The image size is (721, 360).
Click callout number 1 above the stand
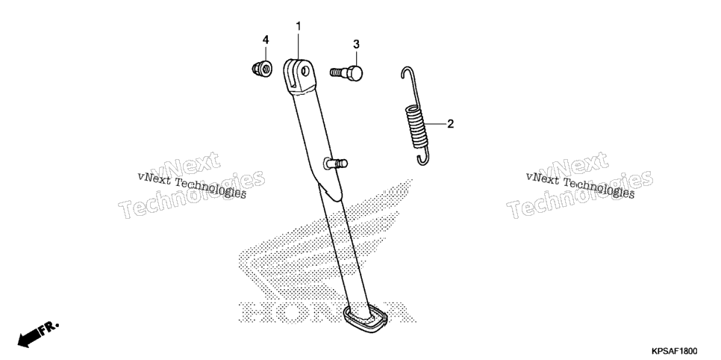298,26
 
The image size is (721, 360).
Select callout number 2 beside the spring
451,123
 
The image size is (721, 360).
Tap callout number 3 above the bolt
356,44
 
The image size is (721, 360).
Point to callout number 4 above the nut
265,40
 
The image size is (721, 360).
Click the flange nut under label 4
262,68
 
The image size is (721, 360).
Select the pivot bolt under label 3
346,72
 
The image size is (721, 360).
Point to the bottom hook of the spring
424,158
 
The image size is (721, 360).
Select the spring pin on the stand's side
336,163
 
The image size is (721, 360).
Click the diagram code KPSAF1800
674,351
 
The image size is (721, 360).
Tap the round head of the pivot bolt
355,72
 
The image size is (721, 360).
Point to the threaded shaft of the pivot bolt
338,72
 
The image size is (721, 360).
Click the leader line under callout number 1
298,46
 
